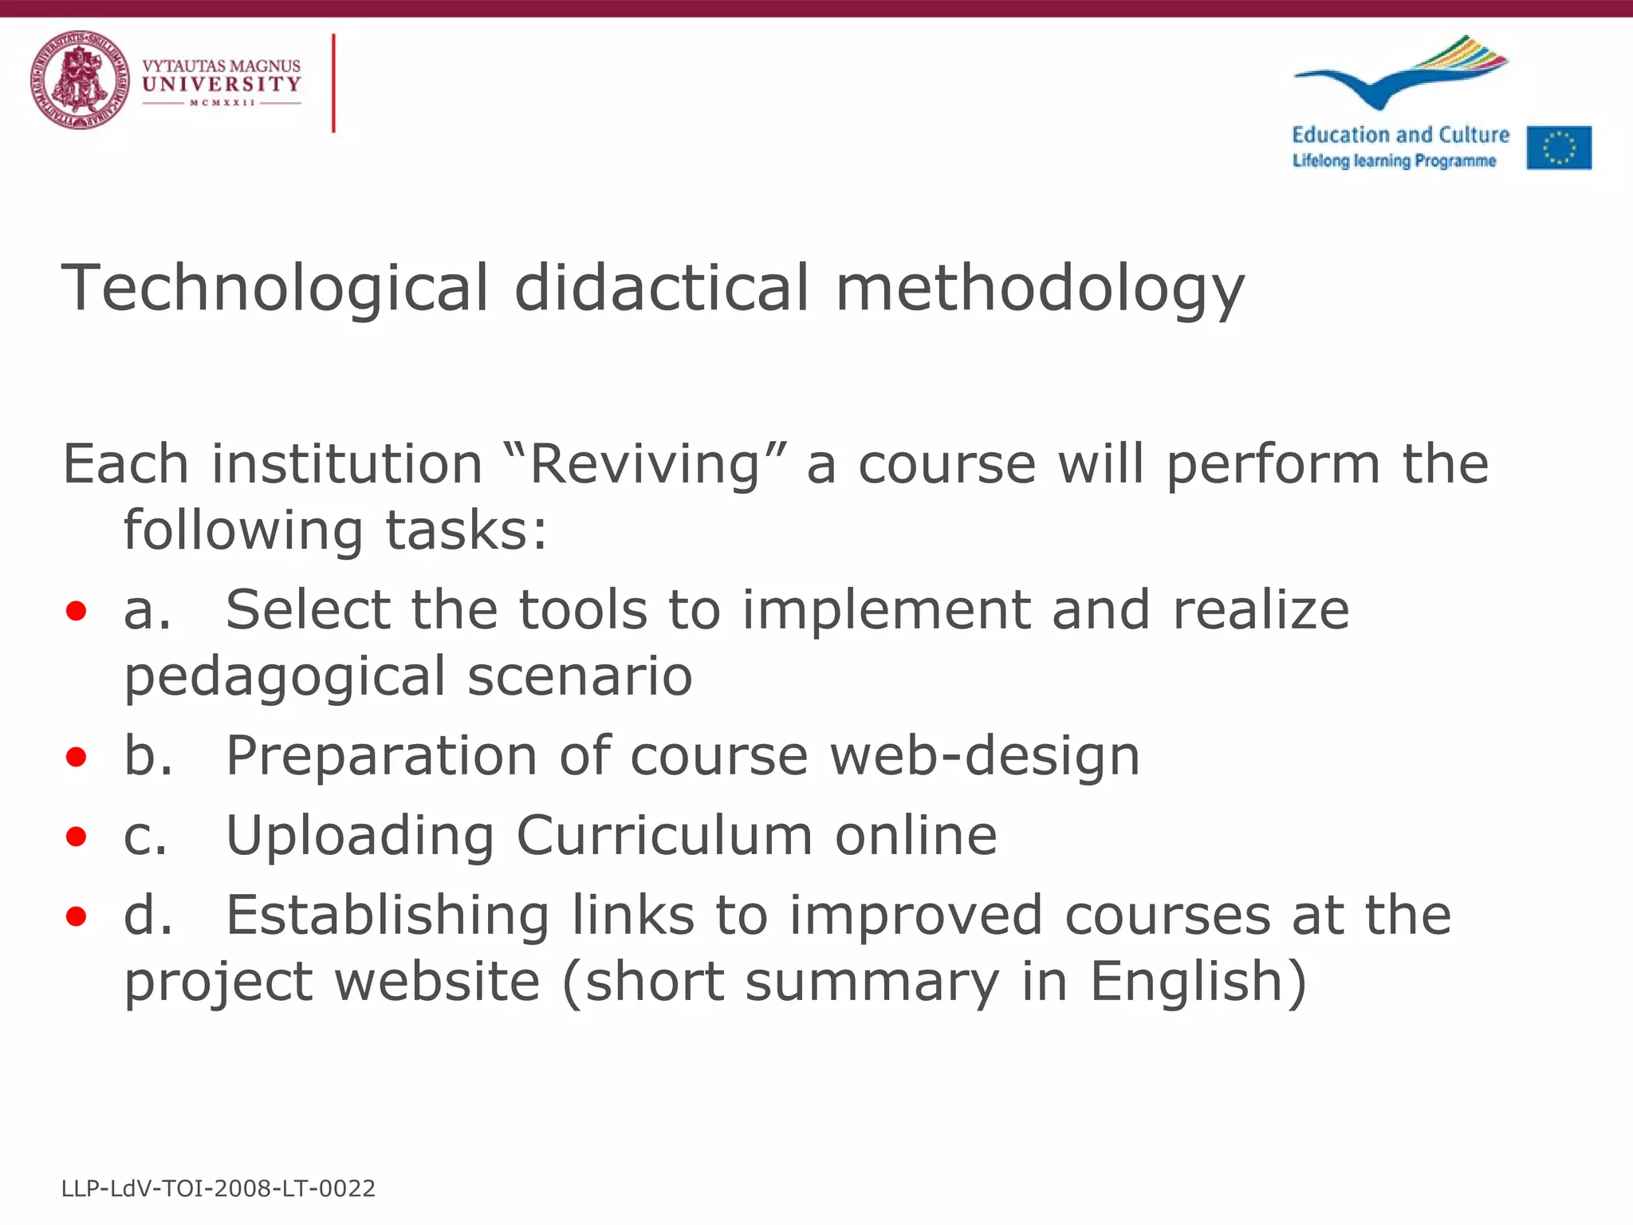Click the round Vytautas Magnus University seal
(80, 80)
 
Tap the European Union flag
(1559, 148)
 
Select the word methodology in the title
(1039, 288)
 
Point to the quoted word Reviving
(646, 464)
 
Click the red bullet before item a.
(77, 612)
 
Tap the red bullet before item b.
(77, 757)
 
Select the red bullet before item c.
(77, 837)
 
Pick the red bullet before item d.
(77, 916)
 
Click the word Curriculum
(664, 836)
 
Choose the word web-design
(985, 755)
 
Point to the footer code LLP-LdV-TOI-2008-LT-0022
(218, 1188)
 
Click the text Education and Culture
(1400, 135)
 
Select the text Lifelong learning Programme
(1394, 161)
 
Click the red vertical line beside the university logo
(333, 83)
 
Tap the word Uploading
(360, 836)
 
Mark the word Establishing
(388, 915)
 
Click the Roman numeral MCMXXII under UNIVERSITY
(222, 103)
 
